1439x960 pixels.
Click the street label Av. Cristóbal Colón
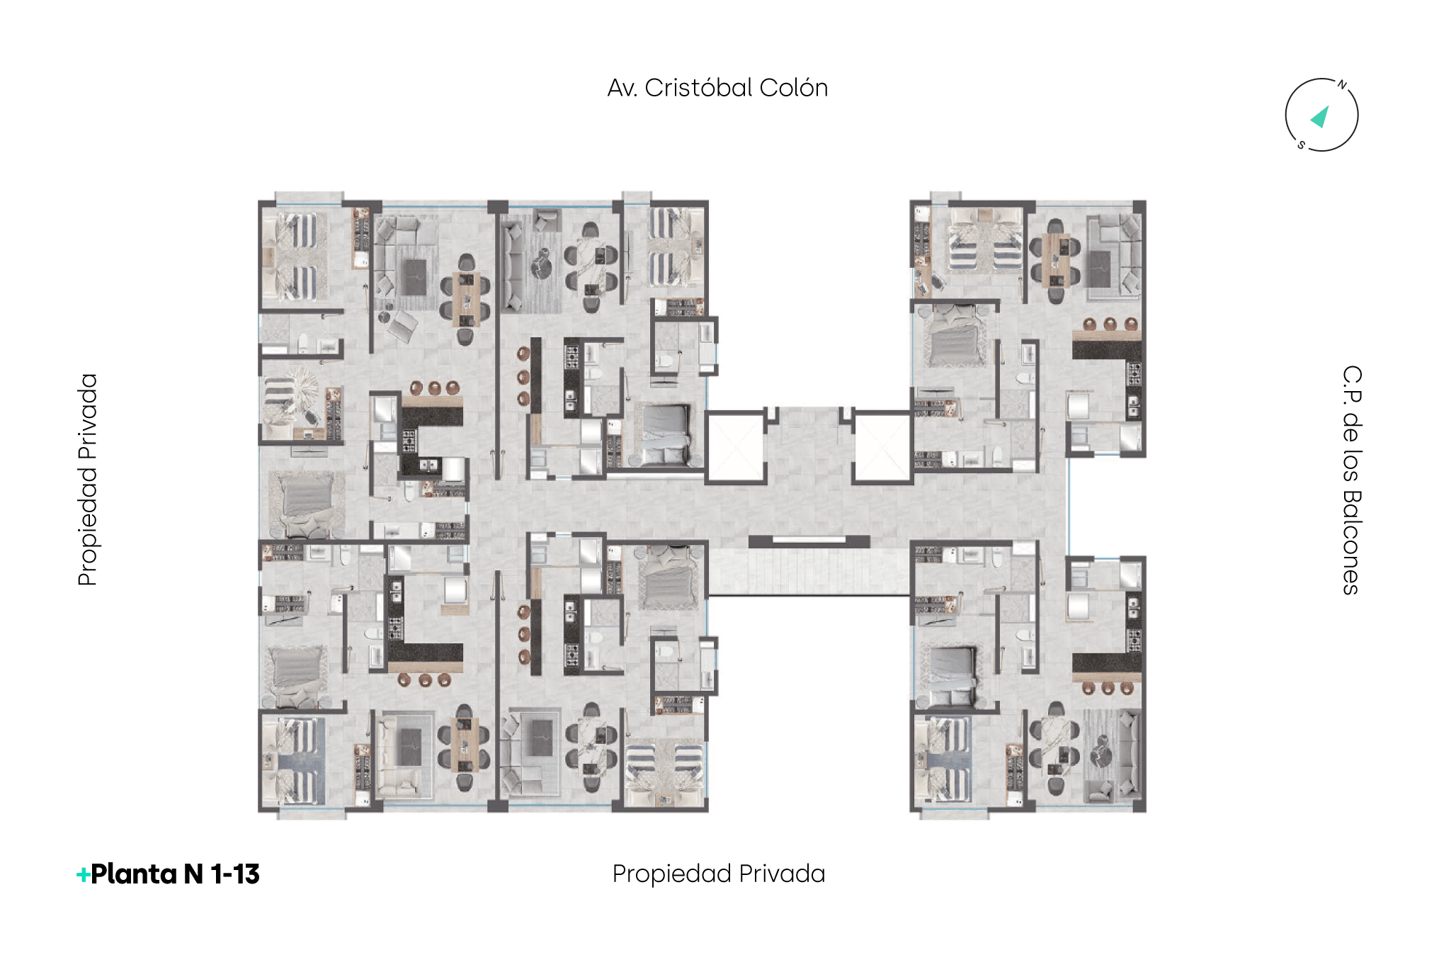[x=717, y=88]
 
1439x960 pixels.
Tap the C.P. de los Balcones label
[x=1352, y=480]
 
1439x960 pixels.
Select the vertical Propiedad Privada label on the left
[x=87, y=480]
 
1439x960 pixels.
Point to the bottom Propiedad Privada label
[x=719, y=874]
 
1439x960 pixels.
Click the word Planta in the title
[x=134, y=874]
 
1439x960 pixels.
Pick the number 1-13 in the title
[x=235, y=874]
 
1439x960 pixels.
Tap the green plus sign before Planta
[x=83, y=876]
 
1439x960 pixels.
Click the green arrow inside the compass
[x=1320, y=117]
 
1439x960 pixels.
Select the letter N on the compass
[x=1341, y=85]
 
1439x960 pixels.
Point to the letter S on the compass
[x=1302, y=145]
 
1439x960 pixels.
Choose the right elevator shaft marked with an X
[x=882, y=447]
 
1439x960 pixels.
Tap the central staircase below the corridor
[x=809, y=571]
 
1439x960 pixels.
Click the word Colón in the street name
[x=793, y=88]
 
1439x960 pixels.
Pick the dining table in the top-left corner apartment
[x=465, y=299]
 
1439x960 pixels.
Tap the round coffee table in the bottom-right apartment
[x=1102, y=752]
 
